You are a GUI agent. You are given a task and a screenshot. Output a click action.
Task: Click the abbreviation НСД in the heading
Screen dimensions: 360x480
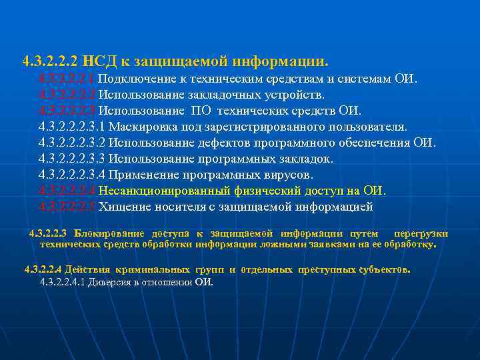98,62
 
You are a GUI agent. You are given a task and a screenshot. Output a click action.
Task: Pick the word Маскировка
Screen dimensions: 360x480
139,127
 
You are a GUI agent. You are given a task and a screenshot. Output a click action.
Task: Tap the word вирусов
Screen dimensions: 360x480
287,175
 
